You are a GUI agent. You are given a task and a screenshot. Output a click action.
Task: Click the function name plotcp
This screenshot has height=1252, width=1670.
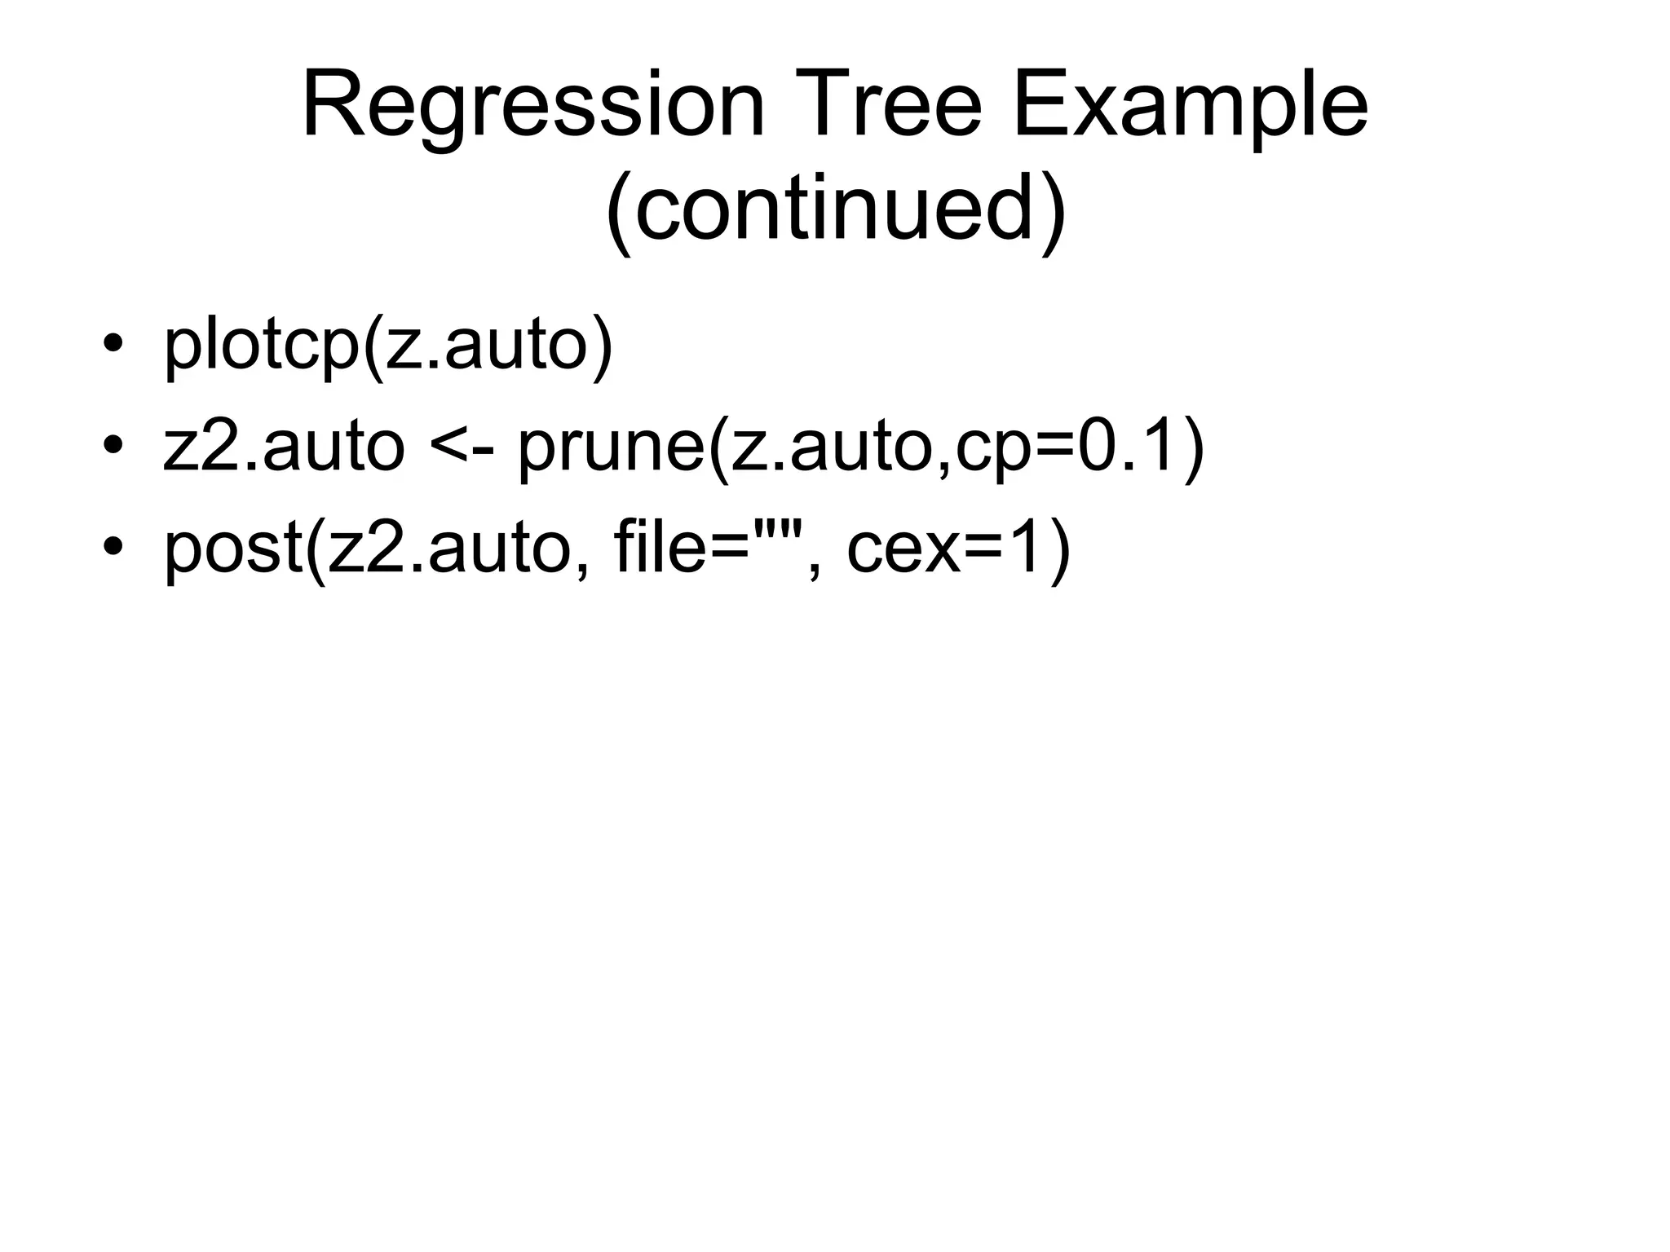(261, 344)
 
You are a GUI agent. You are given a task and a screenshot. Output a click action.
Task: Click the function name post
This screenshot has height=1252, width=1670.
(233, 548)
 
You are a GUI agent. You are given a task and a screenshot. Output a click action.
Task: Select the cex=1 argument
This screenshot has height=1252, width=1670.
(946, 548)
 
